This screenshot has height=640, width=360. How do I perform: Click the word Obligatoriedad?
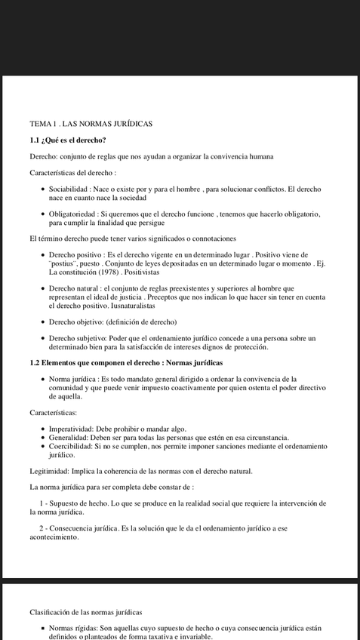pos(72,215)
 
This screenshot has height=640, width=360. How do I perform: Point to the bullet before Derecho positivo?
pos(42,255)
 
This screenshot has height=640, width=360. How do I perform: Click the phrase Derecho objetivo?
pos(75,322)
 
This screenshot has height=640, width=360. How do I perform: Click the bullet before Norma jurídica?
pos(42,379)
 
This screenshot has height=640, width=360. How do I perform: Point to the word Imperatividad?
pos(74,429)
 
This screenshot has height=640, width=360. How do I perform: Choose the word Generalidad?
pos(70,438)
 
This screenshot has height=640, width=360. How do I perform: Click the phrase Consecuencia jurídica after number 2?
pos(86,528)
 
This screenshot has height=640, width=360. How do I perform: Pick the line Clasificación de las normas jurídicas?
pos(86,612)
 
